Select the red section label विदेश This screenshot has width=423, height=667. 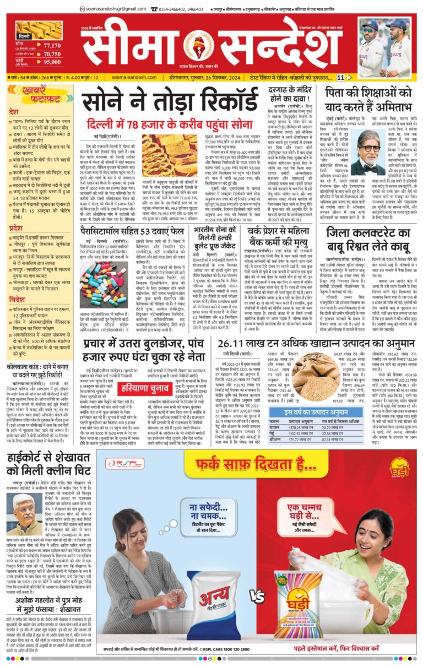click(x=17, y=284)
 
